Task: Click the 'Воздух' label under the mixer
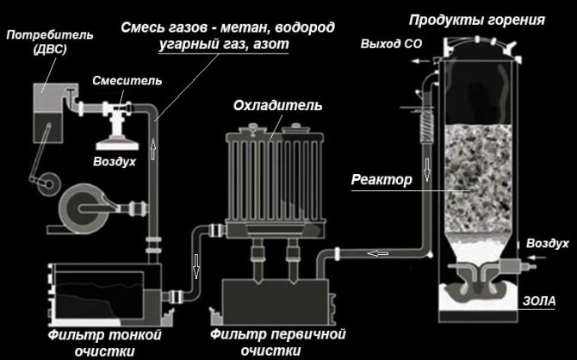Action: tap(115, 161)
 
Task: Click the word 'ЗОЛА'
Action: tap(544, 300)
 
